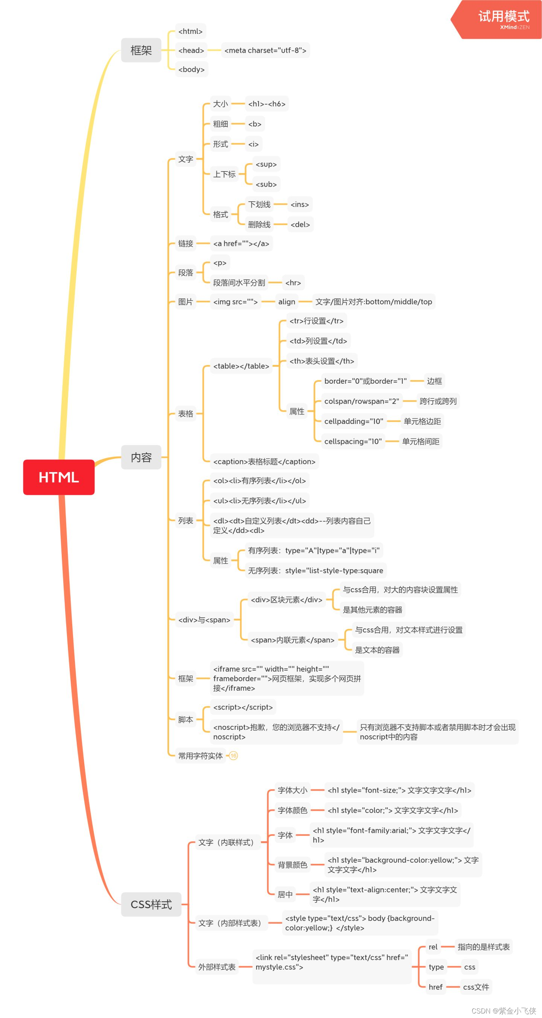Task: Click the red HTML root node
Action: [x=58, y=477]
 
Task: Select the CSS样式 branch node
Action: [x=151, y=904]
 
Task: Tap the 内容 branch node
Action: [x=141, y=457]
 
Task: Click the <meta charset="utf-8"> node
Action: [x=265, y=50]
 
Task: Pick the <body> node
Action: [x=191, y=69]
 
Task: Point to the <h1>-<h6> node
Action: [x=266, y=104]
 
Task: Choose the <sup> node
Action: [x=266, y=164]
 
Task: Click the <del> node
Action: [x=300, y=225]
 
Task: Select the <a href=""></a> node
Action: [x=241, y=243]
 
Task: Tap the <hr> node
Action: [x=293, y=283]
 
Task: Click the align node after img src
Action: [x=286, y=302]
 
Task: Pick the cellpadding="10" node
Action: [x=353, y=421]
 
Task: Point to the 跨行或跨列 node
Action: [x=438, y=401]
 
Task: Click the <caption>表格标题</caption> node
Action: [x=264, y=462]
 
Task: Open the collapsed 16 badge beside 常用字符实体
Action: [x=234, y=755]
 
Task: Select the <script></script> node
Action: [x=243, y=707]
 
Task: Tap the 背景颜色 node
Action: [x=292, y=865]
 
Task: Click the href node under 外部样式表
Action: [x=435, y=987]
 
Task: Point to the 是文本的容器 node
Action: [x=377, y=650]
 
